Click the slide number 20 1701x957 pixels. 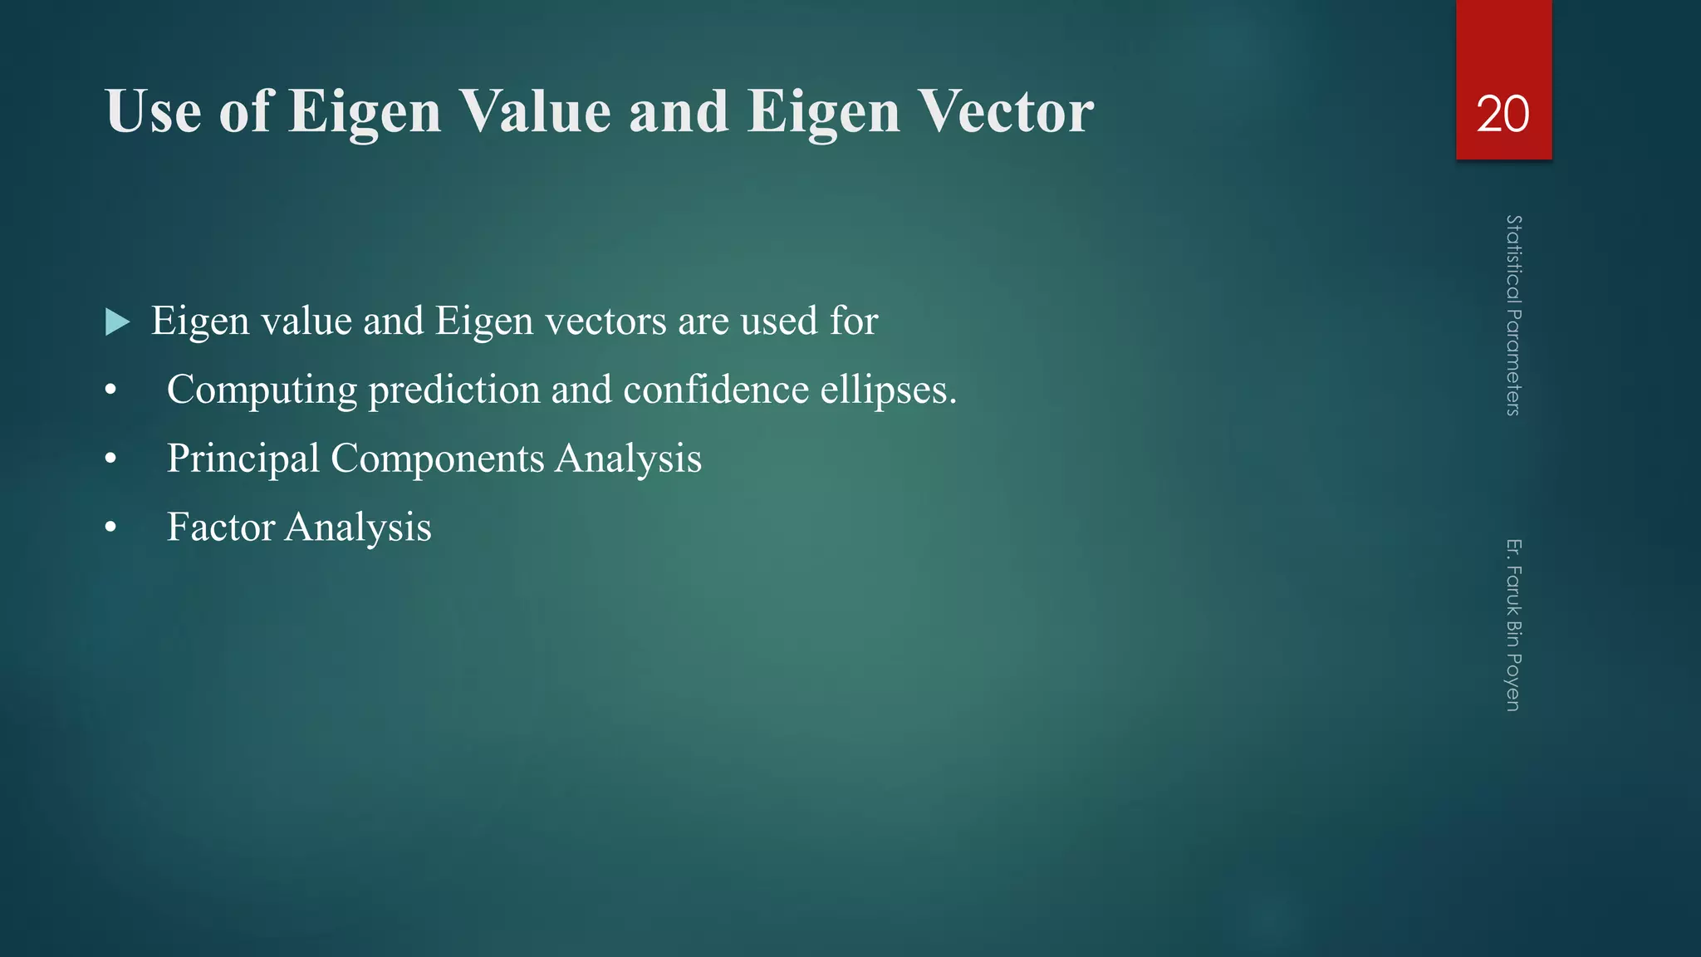click(x=1502, y=114)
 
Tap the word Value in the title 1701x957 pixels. click(x=535, y=111)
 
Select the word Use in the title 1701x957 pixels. click(x=154, y=111)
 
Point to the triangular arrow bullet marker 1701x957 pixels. click(x=118, y=322)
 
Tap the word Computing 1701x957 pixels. click(x=262, y=390)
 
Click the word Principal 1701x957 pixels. click(x=243, y=459)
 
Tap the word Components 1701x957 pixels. click(x=437, y=459)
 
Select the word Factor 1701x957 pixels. click(x=221, y=528)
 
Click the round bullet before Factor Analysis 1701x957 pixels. click(x=111, y=528)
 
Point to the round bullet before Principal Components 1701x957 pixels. click(x=111, y=459)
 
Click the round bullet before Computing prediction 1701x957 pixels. click(x=111, y=390)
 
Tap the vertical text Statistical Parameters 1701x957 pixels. click(x=1513, y=316)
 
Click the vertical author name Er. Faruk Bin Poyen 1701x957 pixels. click(x=1513, y=625)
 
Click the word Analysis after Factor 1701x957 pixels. click(x=358, y=528)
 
